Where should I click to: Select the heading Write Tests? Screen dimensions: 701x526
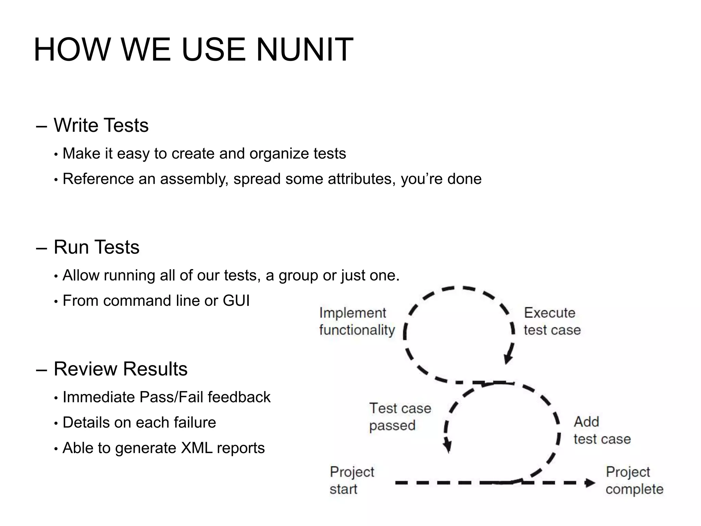(101, 125)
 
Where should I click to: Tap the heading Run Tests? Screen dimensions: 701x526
(97, 247)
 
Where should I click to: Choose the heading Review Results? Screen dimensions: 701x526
(120, 369)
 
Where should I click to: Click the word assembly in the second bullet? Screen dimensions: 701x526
(194, 179)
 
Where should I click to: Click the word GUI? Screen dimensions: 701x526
(236, 301)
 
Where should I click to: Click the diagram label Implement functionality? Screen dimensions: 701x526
(357, 322)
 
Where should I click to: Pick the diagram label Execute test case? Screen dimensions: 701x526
(552, 322)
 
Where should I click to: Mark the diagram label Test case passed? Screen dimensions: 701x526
(400, 417)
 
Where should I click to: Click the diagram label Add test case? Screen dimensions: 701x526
(602, 430)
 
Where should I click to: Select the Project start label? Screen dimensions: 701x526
(352, 480)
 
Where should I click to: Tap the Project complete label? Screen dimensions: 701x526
(634, 480)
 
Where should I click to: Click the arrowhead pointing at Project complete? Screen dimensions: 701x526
(590, 483)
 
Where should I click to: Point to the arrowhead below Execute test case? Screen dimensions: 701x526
(508, 359)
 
